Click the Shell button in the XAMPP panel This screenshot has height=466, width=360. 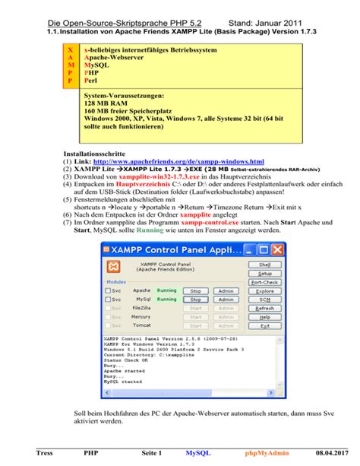pos(264,264)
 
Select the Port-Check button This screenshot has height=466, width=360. pos(264,282)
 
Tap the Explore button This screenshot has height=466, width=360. pos(264,291)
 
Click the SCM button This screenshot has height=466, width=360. pos(264,300)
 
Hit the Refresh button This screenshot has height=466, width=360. pos(264,309)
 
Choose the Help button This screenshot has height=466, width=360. pos(264,317)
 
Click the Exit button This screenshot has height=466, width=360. pos(264,326)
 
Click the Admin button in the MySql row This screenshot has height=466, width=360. pos(226,300)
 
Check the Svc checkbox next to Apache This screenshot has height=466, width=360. pos(107,291)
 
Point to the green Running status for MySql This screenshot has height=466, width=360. pos(166,300)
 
